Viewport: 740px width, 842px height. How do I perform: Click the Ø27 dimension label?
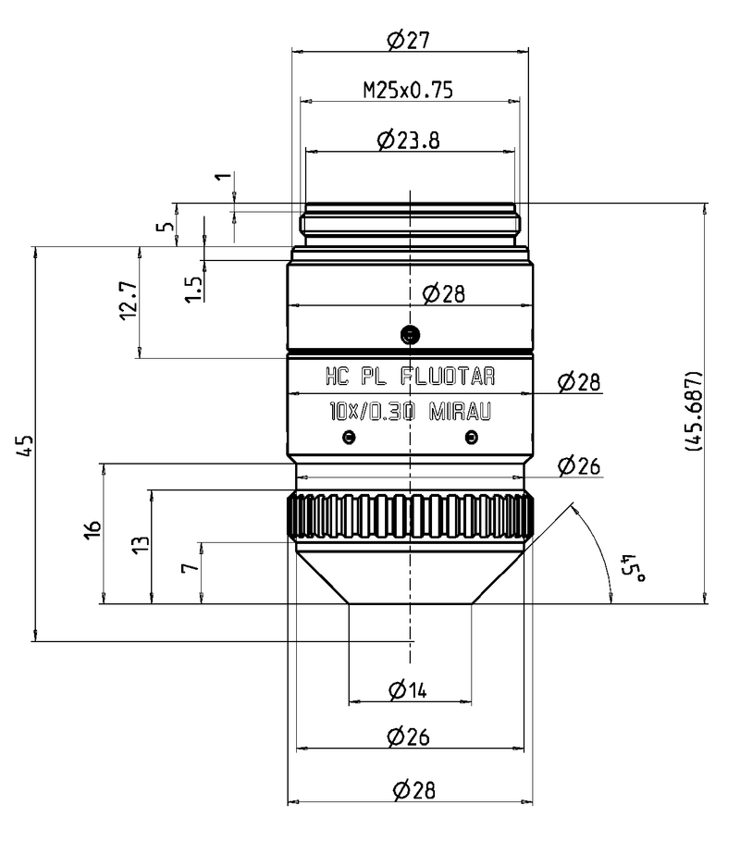409,40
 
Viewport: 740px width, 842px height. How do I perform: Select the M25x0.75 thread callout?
409,90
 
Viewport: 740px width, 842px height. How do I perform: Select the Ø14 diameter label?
410,688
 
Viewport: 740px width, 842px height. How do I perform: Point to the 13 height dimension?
140,545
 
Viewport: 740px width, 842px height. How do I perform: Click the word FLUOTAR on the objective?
449,377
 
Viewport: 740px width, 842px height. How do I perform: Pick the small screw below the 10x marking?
348,438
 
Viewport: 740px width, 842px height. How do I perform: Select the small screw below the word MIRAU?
472,438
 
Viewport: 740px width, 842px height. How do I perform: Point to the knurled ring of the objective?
411,517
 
